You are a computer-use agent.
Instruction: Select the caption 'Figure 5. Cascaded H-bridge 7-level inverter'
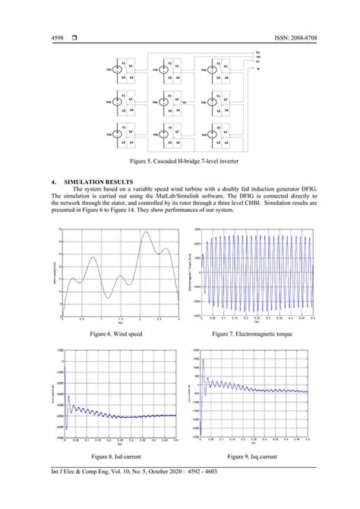click(179, 162)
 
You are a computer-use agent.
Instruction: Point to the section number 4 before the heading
click(52, 183)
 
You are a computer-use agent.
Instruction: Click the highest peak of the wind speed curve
click(147, 233)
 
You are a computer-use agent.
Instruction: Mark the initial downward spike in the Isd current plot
click(66, 427)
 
